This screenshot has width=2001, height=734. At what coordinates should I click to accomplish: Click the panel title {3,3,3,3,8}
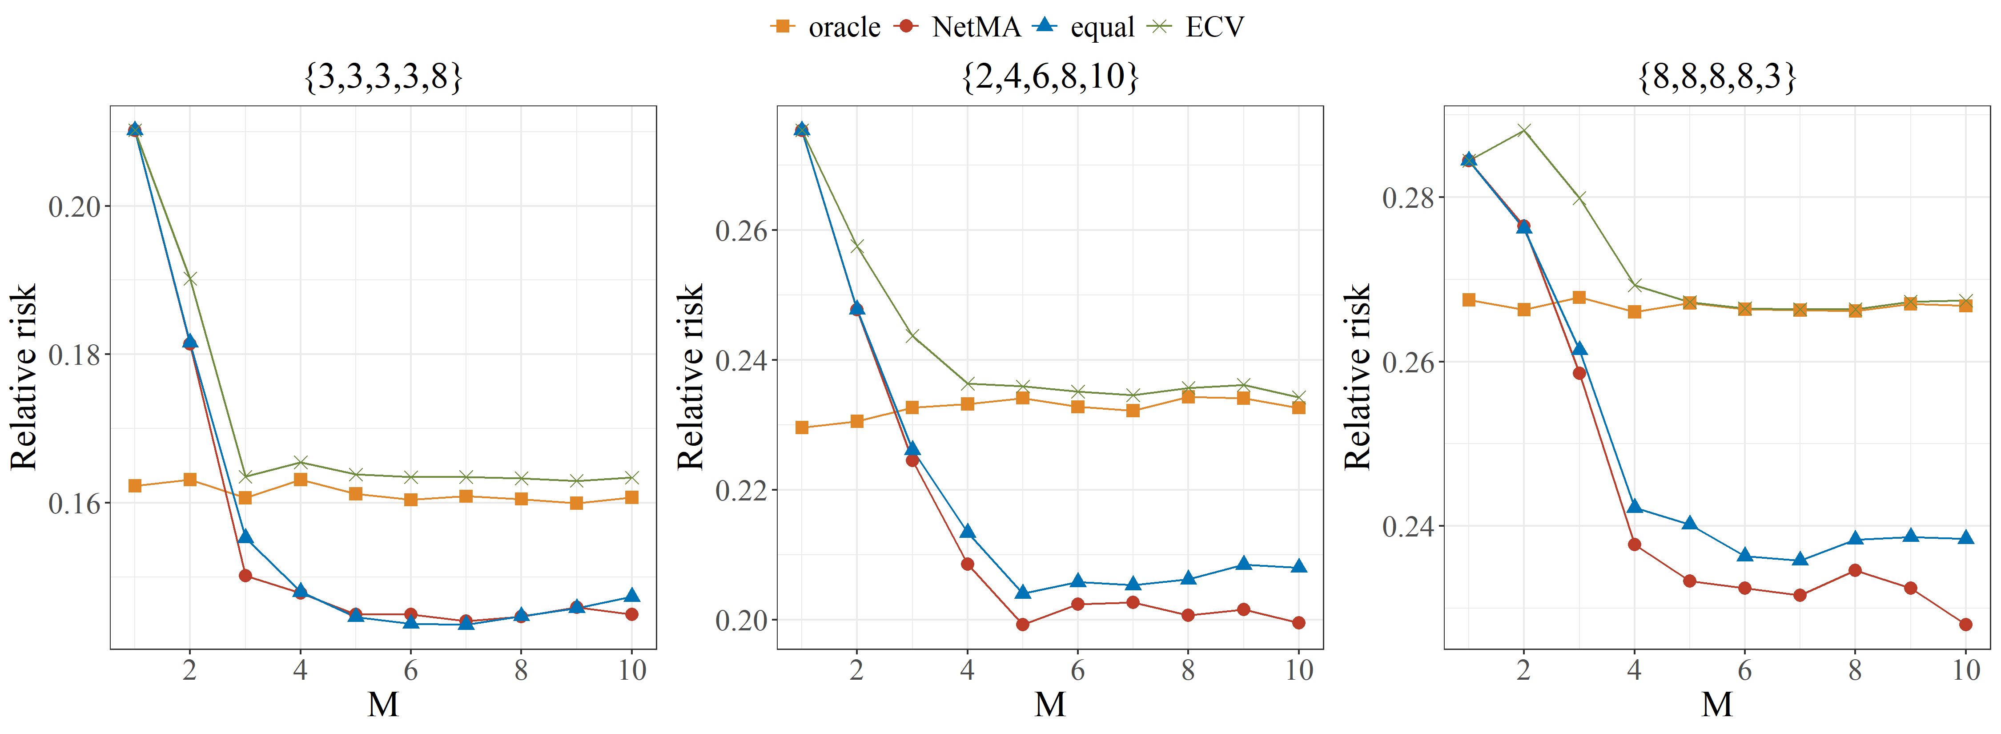384,76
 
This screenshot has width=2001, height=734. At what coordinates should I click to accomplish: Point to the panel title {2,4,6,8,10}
1050,76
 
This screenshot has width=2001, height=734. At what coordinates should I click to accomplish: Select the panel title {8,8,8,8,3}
1717,76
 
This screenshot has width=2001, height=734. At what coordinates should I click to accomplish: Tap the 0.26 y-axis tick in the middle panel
741,231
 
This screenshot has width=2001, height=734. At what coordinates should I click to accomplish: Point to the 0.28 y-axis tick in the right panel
1407,197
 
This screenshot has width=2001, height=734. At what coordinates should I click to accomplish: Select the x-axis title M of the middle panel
1050,705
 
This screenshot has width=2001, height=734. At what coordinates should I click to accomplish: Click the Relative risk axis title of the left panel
23,377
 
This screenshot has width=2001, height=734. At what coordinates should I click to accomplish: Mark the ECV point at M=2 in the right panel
1524,130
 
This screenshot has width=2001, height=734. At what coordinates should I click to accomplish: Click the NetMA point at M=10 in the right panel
1966,625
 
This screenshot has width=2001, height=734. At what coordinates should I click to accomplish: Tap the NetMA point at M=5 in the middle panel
1022,625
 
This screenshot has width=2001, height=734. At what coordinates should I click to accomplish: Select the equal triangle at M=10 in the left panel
631,596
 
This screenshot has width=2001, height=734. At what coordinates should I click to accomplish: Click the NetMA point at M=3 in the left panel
245,576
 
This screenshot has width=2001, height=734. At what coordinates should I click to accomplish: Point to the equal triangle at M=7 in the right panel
1800,559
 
